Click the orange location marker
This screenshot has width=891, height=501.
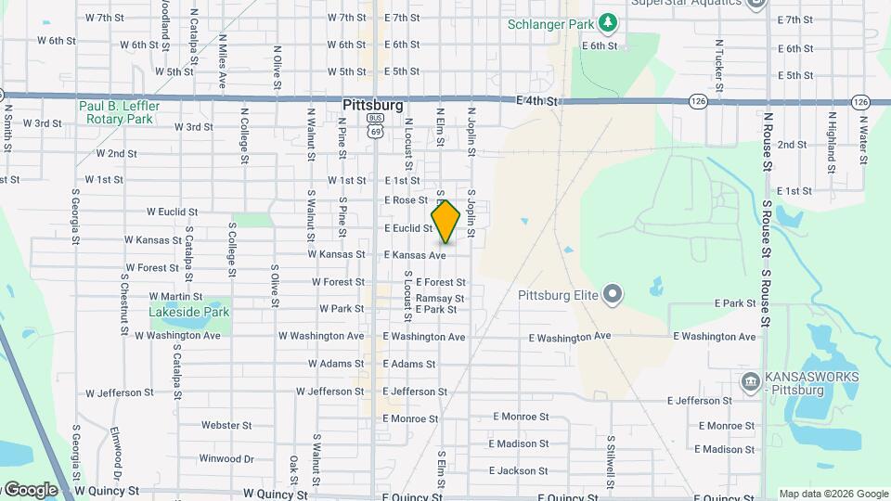coord(445,222)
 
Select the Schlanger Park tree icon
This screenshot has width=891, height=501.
coord(608,21)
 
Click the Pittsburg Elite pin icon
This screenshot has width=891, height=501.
coord(613,296)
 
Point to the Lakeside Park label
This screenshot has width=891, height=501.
coord(188,313)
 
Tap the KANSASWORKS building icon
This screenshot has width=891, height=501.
coord(750,381)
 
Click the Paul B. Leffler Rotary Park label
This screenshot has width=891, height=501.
coord(119,112)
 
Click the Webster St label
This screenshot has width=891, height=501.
coord(226,425)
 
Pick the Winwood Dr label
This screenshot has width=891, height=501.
coord(226,458)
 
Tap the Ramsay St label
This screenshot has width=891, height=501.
coord(440,298)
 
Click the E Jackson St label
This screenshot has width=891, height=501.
coord(517,470)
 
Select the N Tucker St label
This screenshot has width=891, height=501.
coord(719,58)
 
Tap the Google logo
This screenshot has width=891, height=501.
coord(31,489)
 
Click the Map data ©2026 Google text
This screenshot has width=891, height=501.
coord(833,494)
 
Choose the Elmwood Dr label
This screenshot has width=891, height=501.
coord(118,447)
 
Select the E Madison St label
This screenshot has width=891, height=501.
coord(517,444)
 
